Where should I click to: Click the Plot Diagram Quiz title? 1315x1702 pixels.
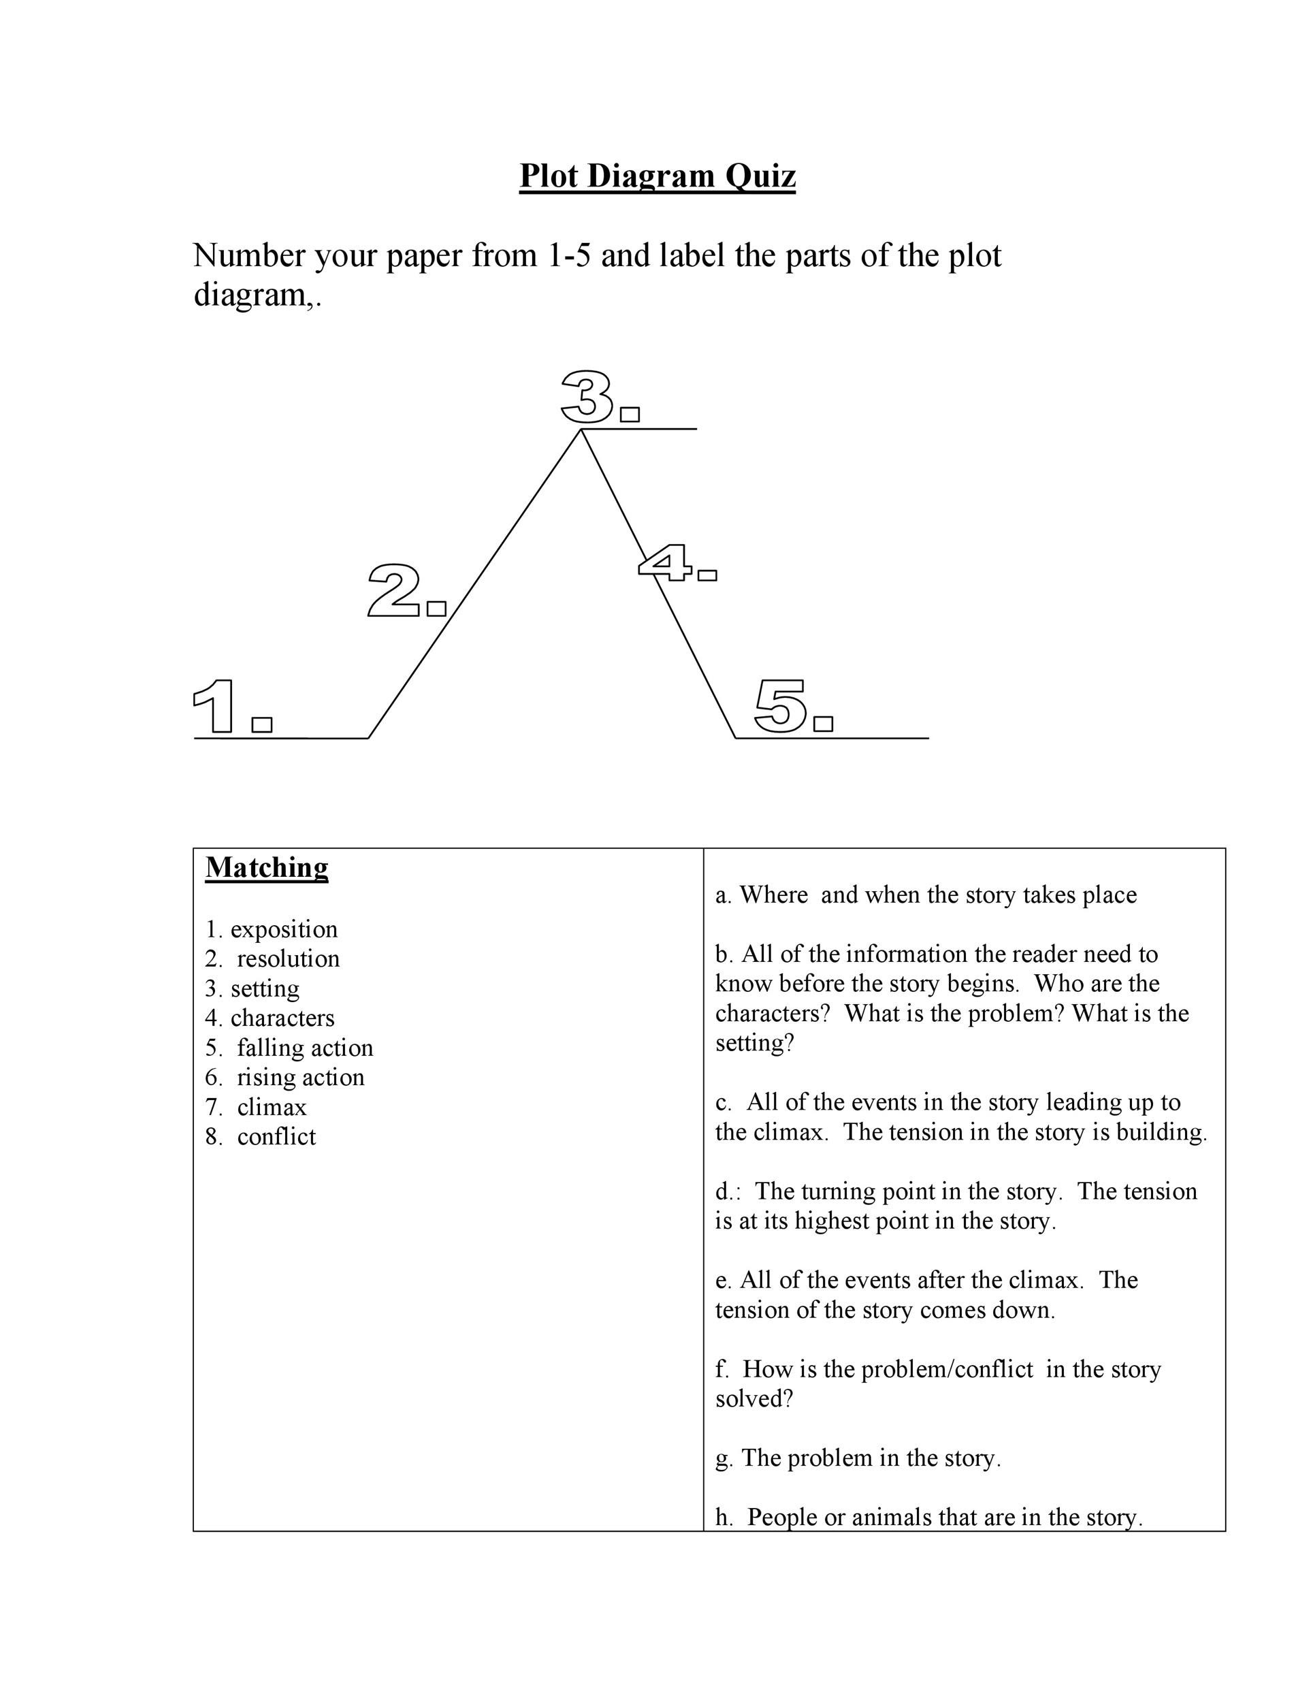[x=657, y=176]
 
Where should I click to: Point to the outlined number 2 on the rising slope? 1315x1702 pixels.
[x=394, y=592]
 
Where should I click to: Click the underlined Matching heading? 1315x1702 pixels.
[x=266, y=867]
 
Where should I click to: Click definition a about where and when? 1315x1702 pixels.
[x=926, y=895]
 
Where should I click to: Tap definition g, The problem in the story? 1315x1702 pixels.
[x=858, y=1458]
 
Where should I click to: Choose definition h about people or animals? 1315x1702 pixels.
[x=928, y=1518]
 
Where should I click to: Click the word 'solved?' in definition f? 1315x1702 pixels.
[x=753, y=1399]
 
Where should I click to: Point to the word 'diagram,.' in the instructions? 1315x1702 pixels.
[x=257, y=295]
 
